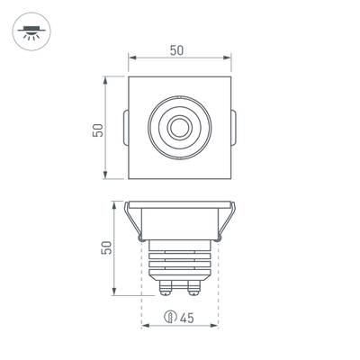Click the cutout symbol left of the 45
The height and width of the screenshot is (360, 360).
coord(170,317)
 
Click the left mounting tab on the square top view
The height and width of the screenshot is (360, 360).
coord(124,128)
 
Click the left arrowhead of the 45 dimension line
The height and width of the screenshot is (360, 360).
coord(145,326)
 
